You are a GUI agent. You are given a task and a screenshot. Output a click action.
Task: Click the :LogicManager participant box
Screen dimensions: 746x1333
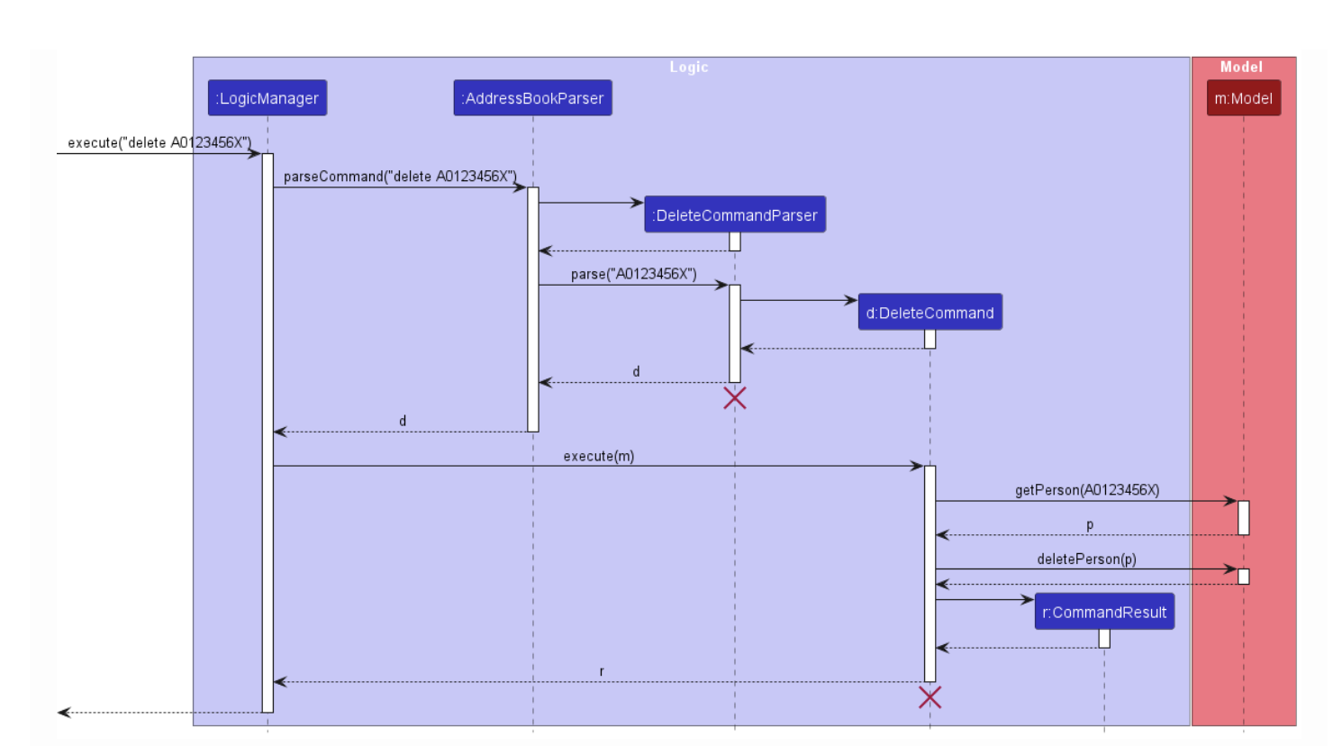pos(268,98)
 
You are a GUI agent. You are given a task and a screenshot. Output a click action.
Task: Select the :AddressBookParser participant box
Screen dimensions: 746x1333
pos(532,98)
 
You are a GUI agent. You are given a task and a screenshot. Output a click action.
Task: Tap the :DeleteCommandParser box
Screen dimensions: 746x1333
pos(735,215)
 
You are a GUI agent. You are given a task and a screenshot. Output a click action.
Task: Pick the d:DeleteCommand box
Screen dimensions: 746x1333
pos(929,313)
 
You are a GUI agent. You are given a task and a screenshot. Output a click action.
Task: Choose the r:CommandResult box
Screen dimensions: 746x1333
pos(1104,612)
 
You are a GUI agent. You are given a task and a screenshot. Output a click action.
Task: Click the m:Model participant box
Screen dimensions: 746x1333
pos(1243,98)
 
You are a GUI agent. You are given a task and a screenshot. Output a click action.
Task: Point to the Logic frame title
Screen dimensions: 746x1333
pos(689,68)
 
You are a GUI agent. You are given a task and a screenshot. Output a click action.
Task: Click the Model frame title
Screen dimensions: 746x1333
pos(1241,68)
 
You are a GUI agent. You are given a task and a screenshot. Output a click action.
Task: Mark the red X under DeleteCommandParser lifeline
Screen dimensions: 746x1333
pos(735,398)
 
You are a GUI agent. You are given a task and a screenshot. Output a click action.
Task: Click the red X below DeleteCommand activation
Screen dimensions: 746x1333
pos(930,697)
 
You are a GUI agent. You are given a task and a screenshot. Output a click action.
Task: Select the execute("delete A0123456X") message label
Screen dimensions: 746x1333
pos(159,143)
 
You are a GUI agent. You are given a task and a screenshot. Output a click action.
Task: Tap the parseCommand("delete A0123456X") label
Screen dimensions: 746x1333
pos(400,177)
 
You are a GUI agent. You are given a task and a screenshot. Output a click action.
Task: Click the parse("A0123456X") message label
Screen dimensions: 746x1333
pos(633,274)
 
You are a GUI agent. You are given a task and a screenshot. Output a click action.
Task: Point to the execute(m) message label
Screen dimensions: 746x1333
pos(599,456)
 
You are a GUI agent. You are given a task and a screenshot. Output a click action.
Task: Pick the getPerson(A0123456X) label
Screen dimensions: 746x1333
pos(1087,490)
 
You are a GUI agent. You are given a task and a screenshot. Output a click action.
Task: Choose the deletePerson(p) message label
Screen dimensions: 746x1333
pos(1086,559)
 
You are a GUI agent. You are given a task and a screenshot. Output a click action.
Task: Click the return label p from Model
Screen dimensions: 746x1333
pos(1090,524)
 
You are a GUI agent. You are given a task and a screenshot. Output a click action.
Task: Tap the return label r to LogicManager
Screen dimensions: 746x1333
pos(602,671)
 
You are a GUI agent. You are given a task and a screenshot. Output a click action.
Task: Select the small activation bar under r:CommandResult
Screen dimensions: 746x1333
pos(1104,639)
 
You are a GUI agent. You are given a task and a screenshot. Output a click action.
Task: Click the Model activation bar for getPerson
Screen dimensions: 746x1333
pos(1244,518)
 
